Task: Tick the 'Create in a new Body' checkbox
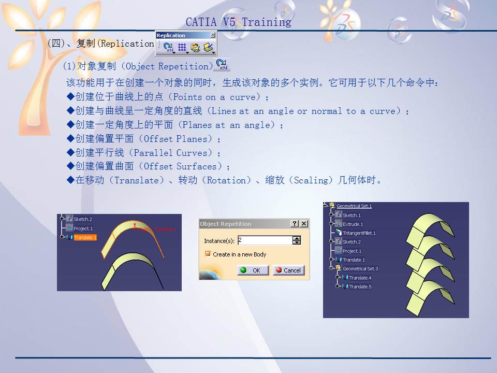[x=208, y=254]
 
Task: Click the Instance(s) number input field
[x=264, y=240]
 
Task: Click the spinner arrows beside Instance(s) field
[x=297, y=240]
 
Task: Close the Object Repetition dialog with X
[x=304, y=224]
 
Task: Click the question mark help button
[x=295, y=224]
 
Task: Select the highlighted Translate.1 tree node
[x=85, y=238]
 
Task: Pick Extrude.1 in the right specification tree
[x=353, y=224]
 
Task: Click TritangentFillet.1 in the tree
[x=359, y=233]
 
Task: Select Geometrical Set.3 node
[x=360, y=269]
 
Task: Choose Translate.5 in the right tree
[x=360, y=286]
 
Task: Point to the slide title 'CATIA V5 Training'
[x=238, y=22]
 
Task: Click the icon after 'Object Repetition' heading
[x=223, y=65]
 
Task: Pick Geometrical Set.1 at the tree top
[x=354, y=206]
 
